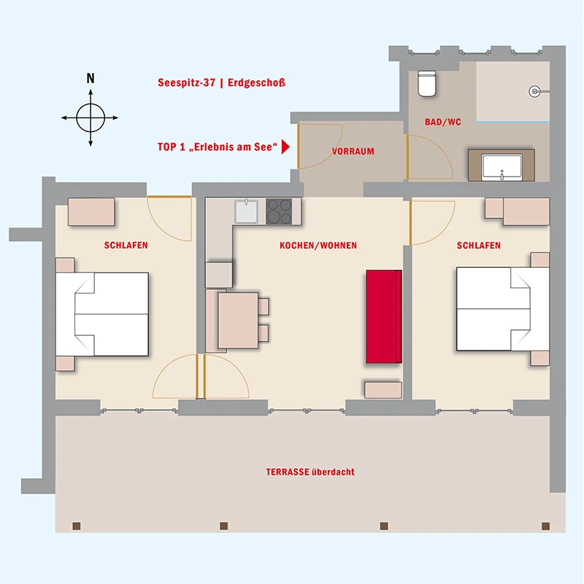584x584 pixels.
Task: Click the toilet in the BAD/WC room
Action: (x=426, y=83)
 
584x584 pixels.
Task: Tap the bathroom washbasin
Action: (x=502, y=168)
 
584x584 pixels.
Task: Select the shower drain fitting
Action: (x=535, y=91)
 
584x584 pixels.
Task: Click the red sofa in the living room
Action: (x=384, y=316)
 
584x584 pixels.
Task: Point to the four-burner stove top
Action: (x=279, y=211)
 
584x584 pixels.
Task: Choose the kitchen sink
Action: (x=246, y=212)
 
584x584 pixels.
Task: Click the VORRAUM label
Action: (x=353, y=152)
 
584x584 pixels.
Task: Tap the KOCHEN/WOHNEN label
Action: (x=318, y=245)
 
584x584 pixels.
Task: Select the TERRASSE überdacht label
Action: (x=310, y=472)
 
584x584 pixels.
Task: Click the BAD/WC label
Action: (x=443, y=122)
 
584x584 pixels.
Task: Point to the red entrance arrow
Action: (x=285, y=147)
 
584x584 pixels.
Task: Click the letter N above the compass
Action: (x=91, y=78)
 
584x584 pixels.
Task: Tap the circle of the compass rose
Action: (x=91, y=118)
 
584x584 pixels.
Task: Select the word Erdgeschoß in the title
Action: (x=257, y=82)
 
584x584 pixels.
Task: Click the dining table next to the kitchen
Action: (x=238, y=320)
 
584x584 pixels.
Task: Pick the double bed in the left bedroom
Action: (x=102, y=314)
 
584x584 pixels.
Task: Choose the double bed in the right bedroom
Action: (x=503, y=309)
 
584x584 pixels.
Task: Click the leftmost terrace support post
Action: (x=77, y=526)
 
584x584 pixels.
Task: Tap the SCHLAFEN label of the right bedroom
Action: (x=479, y=245)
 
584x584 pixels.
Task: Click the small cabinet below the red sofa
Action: (x=383, y=390)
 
